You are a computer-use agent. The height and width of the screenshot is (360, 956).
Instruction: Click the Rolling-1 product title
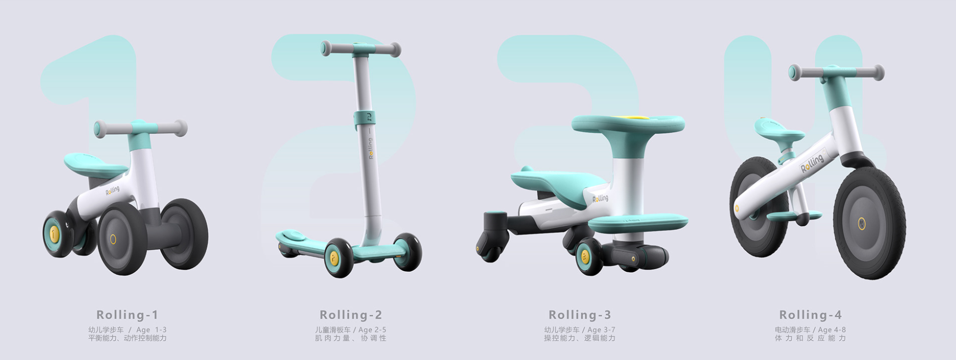pos(127,315)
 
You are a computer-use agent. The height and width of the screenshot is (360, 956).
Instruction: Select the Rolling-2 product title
pos(351,315)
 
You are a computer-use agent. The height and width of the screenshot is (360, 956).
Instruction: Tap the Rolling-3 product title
pos(580,315)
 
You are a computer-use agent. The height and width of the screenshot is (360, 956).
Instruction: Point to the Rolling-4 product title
pos(810,315)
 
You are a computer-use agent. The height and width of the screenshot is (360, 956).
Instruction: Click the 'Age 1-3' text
pos(151,330)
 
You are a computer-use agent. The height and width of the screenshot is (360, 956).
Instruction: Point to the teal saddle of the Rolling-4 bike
pos(779,132)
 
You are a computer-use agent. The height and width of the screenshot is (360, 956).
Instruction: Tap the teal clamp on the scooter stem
pos(365,118)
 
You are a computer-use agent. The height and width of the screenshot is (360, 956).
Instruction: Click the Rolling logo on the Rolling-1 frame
pos(113,190)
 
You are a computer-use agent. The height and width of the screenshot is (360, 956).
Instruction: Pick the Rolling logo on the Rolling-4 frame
pos(812,163)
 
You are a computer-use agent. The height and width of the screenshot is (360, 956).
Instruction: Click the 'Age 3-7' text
pos(601,330)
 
